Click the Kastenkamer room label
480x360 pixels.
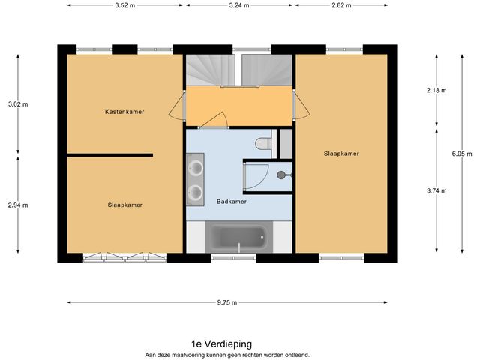pyautogui.click(x=124, y=112)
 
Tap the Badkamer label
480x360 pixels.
pyautogui.click(x=232, y=201)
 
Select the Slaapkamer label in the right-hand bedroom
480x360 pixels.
pyautogui.click(x=341, y=153)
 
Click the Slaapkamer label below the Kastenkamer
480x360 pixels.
pyautogui.click(x=124, y=204)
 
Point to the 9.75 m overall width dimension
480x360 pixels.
pyautogui.click(x=226, y=302)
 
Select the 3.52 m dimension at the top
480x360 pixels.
pyautogui.click(x=125, y=4)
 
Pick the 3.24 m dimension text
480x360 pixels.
pyautogui.click(x=240, y=4)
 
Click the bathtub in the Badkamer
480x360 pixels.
pyautogui.click(x=238, y=238)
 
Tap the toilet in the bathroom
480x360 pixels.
pyautogui.click(x=263, y=143)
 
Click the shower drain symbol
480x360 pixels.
pyautogui.click(x=281, y=175)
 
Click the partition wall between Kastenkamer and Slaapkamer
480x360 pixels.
pyautogui.click(x=109, y=155)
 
